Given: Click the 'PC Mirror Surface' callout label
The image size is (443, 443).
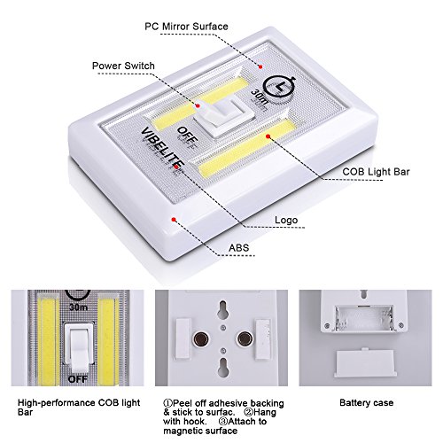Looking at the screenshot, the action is tap(186, 27).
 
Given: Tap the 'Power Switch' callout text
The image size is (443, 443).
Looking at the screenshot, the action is tap(123, 66).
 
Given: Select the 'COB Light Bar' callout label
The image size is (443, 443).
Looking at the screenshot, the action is tap(376, 172).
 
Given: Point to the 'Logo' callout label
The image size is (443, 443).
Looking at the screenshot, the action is tap(286, 220).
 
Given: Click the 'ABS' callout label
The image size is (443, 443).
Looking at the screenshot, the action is tap(239, 247).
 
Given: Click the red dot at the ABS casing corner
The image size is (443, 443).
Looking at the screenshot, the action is tap(174, 220).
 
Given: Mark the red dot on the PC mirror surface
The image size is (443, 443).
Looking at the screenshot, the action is tap(260, 67).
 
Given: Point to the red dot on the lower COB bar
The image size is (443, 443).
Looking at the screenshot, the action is tap(268, 136).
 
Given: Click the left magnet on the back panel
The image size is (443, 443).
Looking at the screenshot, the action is tap(201, 338).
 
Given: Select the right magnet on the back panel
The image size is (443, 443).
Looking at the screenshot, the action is tap(245, 338).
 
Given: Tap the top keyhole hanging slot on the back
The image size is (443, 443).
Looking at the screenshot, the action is tap(223, 309).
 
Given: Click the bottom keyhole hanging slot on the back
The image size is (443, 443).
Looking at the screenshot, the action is tap(223, 367).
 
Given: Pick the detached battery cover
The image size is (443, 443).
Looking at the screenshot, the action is tap(364, 363).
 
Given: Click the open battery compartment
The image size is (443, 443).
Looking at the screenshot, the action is tap(364, 318).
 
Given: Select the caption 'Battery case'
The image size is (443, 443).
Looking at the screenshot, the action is tap(367, 402).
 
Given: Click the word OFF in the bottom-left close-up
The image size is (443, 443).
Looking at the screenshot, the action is tap(78, 379).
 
